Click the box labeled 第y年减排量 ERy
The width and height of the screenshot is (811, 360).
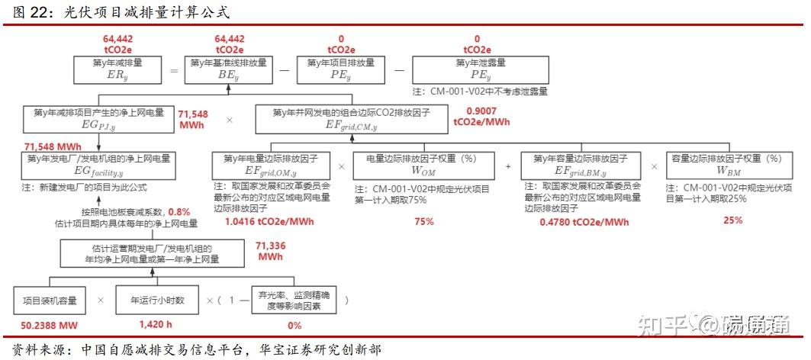coord(118,69)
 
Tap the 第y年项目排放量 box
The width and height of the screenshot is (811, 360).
coord(340,69)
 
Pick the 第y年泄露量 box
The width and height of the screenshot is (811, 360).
coord(481,69)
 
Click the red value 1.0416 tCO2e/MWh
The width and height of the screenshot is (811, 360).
coord(270,222)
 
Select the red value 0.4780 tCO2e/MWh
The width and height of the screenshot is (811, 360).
coord(584,222)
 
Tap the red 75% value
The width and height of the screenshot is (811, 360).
coord(424,222)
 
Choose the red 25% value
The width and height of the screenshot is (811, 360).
coord(732,220)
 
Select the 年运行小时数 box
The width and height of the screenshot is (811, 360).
coord(158,300)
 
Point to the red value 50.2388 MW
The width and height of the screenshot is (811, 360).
coord(50,326)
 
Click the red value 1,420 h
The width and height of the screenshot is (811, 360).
coord(158,326)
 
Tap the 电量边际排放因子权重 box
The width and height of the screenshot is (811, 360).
coord(421,165)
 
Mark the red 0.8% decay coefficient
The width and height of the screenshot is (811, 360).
coord(179,212)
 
